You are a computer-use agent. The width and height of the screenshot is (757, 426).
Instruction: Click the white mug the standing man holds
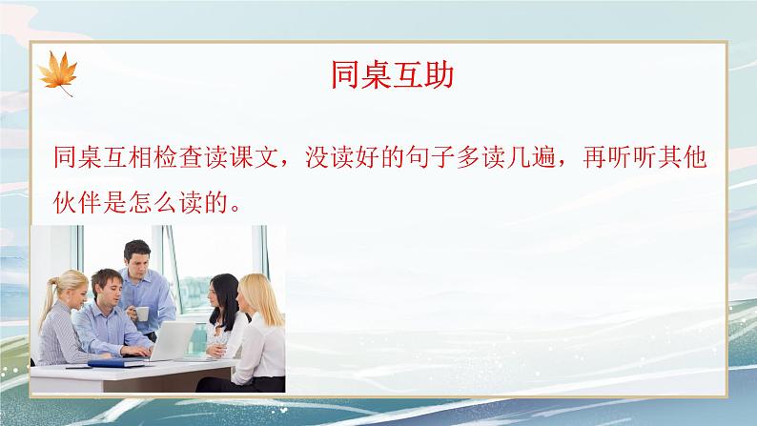point(141,314)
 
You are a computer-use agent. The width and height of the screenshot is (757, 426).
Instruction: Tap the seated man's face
point(105,288)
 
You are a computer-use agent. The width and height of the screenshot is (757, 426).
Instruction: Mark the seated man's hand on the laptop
point(134,349)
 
